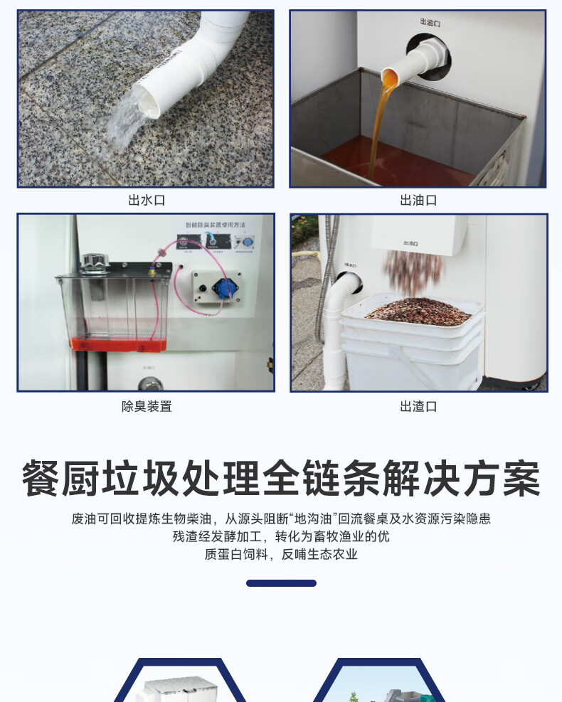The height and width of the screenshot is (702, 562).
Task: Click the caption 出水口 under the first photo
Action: (147, 201)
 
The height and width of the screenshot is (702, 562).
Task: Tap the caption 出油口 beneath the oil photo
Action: (418, 201)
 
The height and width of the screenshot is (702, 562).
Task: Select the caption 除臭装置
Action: (147, 407)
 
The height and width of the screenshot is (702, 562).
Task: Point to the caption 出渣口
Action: (418, 407)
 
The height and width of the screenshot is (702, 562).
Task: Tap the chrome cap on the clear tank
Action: (94, 262)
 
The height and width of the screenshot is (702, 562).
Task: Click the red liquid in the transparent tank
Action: (117, 344)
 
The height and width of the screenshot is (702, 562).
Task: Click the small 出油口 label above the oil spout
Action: (430, 23)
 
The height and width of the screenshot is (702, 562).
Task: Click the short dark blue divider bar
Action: (281, 583)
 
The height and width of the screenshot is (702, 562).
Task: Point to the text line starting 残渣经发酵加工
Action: (281, 537)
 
